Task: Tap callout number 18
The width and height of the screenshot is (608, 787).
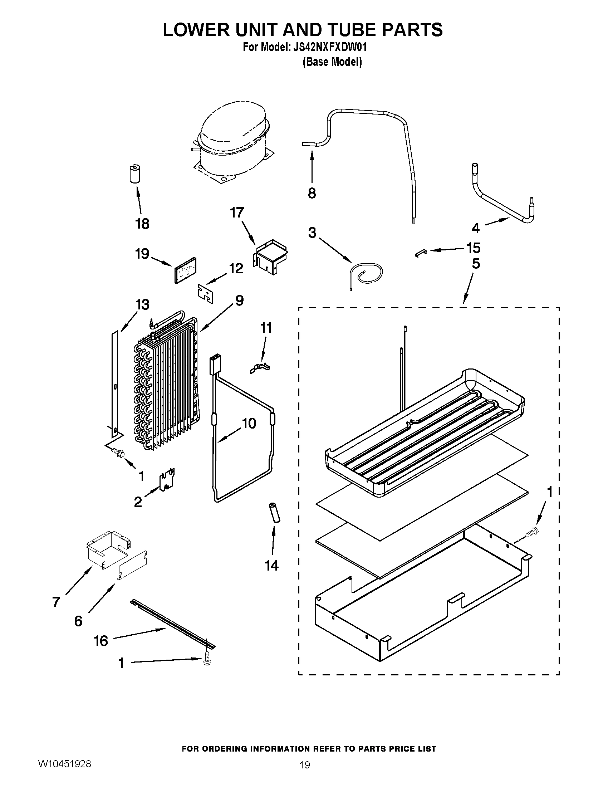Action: pyautogui.click(x=142, y=224)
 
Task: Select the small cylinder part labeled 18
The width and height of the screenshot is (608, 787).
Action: pyautogui.click(x=135, y=175)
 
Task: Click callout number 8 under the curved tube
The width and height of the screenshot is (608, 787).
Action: pyautogui.click(x=312, y=193)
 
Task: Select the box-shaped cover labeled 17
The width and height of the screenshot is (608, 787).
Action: pyautogui.click(x=270, y=257)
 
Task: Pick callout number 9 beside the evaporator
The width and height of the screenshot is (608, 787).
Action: pyautogui.click(x=239, y=300)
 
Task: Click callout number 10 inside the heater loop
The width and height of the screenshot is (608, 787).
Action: pyautogui.click(x=249, y=424)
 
